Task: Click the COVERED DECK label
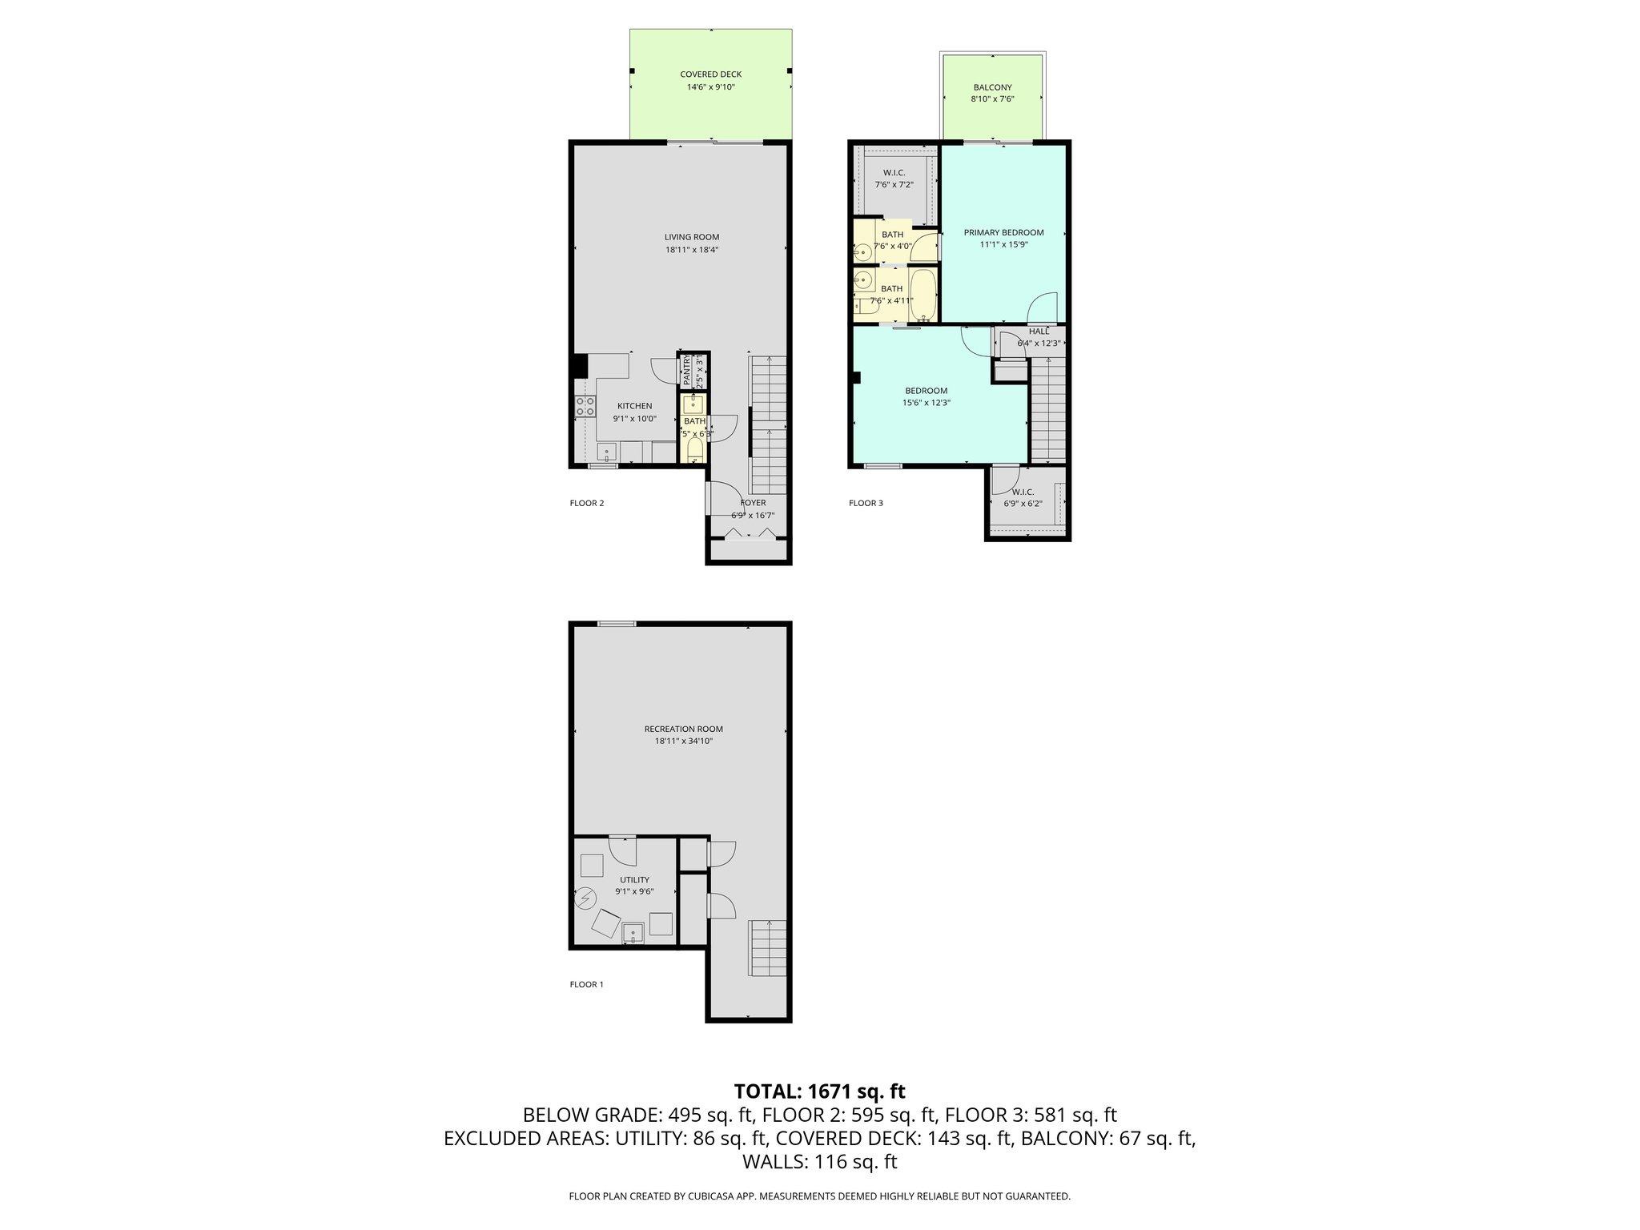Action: click(x=710, y=74)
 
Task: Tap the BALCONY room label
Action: click(x=992, y=87)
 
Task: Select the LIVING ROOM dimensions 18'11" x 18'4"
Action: click(x=691, y=250)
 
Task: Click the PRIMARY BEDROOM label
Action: click(x=1003, y=232)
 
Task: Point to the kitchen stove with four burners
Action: click(x=585, y=406)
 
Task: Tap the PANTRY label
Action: click(x=687, y=371)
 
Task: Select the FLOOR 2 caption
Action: click(x=586, y=503)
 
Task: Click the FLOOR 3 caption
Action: click(x=866, y=503)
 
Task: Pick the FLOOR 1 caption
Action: click(x=586, y=984)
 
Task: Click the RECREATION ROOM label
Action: click(x=683, y=729)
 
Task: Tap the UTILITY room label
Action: click(x=634, y=879)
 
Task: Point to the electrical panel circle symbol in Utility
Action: click(x=585, y=899)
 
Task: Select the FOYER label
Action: click(x=753, y=503)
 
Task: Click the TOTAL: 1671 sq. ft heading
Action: click(x=819, y=1091)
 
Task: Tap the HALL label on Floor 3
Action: click(x=1039, y=332)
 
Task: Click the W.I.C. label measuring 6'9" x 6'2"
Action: click(x=1023, y=492)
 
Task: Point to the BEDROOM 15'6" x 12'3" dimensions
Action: click(x=926, y=404)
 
